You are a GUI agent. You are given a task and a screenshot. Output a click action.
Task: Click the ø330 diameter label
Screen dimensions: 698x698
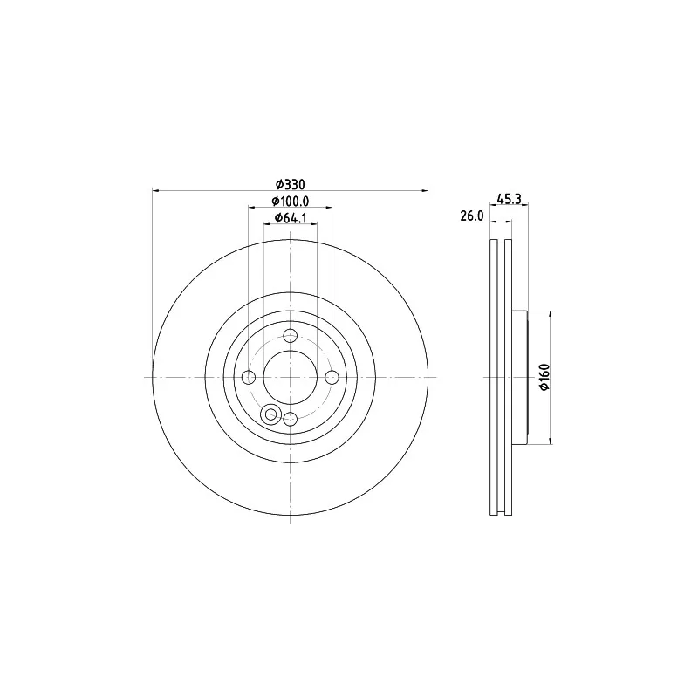[290, 184]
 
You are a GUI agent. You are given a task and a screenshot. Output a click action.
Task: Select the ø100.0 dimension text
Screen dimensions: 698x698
[290, 202]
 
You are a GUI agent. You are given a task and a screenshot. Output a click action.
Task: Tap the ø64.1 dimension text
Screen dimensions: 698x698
[290, 218]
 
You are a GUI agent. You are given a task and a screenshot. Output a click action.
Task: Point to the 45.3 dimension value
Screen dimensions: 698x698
[508, 200]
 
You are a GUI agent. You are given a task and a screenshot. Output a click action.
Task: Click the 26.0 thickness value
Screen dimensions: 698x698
[472, 216]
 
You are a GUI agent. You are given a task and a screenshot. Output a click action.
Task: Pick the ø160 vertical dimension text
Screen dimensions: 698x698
[543, 376]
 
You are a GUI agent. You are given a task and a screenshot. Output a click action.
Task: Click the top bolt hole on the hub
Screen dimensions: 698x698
[291, 335]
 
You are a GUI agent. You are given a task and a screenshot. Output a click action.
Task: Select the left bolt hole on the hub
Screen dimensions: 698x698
[249, 377]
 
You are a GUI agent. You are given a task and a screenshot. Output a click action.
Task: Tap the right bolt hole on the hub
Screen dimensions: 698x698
[332, 377]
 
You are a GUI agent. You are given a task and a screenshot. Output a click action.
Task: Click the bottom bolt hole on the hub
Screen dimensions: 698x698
[291, 419]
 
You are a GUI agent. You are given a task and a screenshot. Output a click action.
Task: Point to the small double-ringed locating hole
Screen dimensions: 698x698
[270, 414]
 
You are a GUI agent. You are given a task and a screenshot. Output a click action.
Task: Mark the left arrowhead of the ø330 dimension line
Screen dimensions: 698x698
[155, 190]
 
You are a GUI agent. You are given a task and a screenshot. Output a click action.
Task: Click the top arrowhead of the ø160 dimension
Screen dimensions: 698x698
[551, 312]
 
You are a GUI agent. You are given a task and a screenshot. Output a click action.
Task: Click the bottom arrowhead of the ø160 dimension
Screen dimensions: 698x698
[551, 441]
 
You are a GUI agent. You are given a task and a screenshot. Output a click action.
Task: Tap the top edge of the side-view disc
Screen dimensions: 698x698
[501, 240]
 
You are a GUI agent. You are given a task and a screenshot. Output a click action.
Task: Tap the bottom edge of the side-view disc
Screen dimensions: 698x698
[501, 514]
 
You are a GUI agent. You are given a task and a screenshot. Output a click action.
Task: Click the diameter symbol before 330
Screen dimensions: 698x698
[279, 184]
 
